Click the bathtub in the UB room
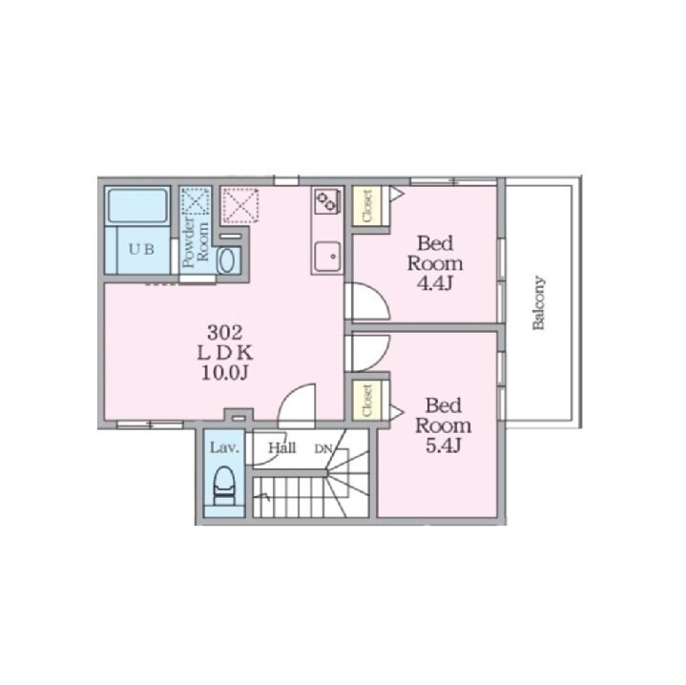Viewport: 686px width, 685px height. [x=137, y=205]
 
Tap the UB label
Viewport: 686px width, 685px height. [x=141, y=249]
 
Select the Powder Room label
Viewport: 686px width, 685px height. [x=196, y=242]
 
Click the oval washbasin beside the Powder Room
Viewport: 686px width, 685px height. [x=227, y=260]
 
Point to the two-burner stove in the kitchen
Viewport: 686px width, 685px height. [x=327, y=200]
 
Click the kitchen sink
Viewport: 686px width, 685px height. [x=327, y=257]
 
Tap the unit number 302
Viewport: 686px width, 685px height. [x=224, y=333]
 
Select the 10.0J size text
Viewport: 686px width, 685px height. [x=225, y=373]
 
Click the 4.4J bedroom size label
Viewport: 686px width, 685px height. [x=434, y=284]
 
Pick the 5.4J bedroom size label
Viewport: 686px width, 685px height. [x=444, y=446]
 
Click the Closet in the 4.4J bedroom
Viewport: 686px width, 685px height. [x=367, y=205]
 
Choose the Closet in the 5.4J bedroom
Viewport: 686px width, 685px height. [x=367, y=401]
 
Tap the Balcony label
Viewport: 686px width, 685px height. [x=538, y=302]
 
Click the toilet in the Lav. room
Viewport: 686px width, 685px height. [x=224, y=486]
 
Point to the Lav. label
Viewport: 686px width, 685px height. [x=224, y=447]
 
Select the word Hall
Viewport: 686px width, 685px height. [x=282, y=447]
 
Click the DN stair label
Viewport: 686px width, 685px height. [x=323, y=448]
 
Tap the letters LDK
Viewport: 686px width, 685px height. [x=225, y=353]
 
